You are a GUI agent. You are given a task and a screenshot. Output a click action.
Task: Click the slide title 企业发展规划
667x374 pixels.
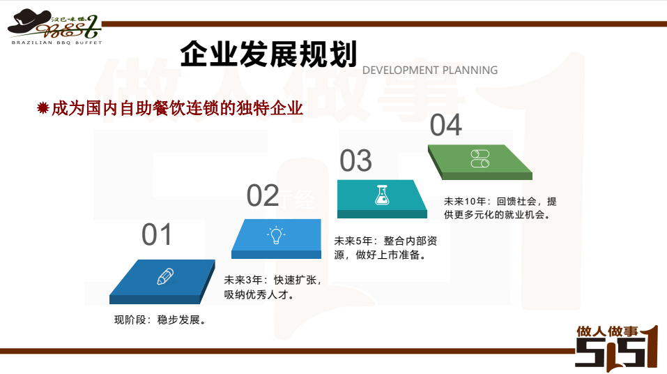click(268, 54)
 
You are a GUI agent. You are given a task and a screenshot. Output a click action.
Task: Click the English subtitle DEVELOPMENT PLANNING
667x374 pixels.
click(429, 70)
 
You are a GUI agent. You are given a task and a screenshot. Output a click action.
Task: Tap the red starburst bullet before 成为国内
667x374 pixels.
click(43, 107)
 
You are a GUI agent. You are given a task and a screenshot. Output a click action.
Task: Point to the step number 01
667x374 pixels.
click(157, 234)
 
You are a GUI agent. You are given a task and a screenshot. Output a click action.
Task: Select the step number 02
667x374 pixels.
click(263, 196)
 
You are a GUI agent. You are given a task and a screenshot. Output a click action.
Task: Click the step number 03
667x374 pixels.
click(355, 160)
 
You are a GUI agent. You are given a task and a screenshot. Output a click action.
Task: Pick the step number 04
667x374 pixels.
click(446, 125)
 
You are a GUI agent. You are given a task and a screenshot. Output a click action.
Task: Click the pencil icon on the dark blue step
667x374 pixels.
click(165, 276)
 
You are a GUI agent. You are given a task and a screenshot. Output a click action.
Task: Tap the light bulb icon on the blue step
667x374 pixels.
click(276, 235)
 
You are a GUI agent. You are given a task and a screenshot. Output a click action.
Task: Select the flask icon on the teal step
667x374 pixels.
click(382, 195)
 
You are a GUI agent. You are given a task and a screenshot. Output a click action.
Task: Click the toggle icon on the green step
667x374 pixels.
click(480, 158)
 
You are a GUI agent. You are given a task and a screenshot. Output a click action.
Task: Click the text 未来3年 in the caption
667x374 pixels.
click(243, 280)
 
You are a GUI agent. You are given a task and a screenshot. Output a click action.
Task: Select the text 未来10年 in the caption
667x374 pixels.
click(465, 202)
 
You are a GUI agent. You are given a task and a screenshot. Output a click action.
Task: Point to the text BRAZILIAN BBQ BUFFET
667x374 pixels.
click(56, 43)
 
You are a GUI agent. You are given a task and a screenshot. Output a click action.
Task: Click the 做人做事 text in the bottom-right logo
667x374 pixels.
click(607, 331)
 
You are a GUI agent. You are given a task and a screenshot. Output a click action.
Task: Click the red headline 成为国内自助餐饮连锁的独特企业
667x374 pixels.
click(177, 108)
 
